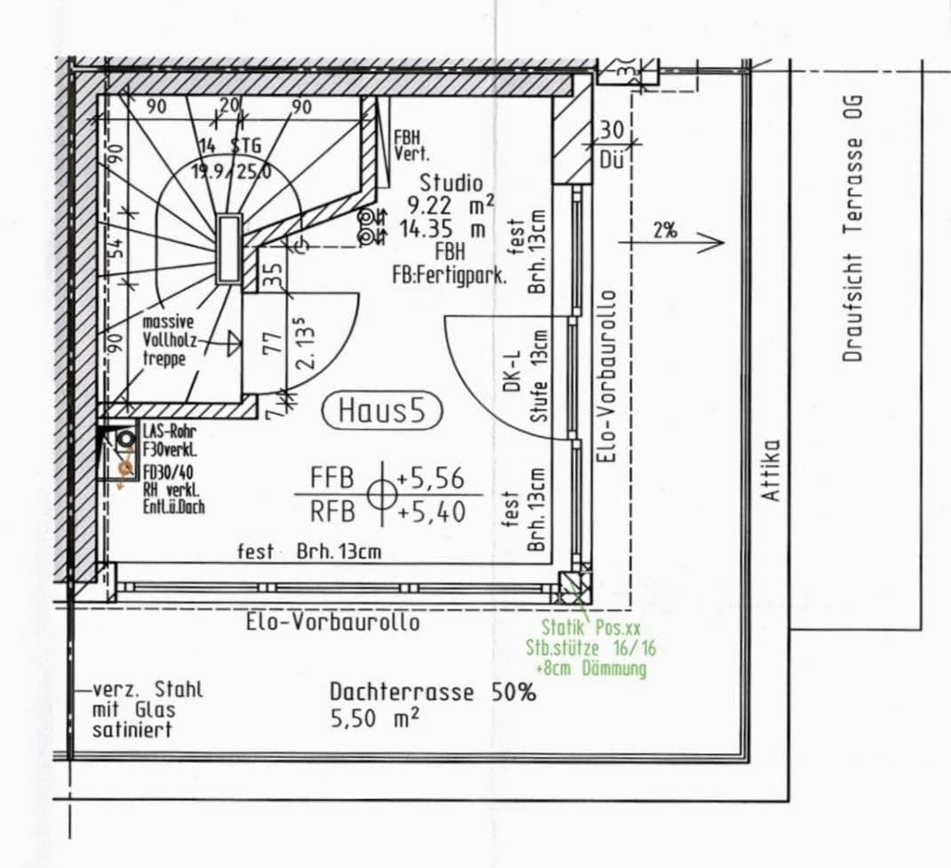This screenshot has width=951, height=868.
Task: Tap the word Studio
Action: tap(451, 182)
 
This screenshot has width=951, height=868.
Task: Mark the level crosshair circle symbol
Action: tap(381, 494)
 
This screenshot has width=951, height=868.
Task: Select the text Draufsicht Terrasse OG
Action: tap(854, 249)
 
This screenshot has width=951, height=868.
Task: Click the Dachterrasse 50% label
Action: tap(432, 692)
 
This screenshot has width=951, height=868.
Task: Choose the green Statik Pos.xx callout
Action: tap(590, 628)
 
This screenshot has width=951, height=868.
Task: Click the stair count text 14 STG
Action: tap(229, 146)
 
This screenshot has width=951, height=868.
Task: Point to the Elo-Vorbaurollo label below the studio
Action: tap(332, 622)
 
